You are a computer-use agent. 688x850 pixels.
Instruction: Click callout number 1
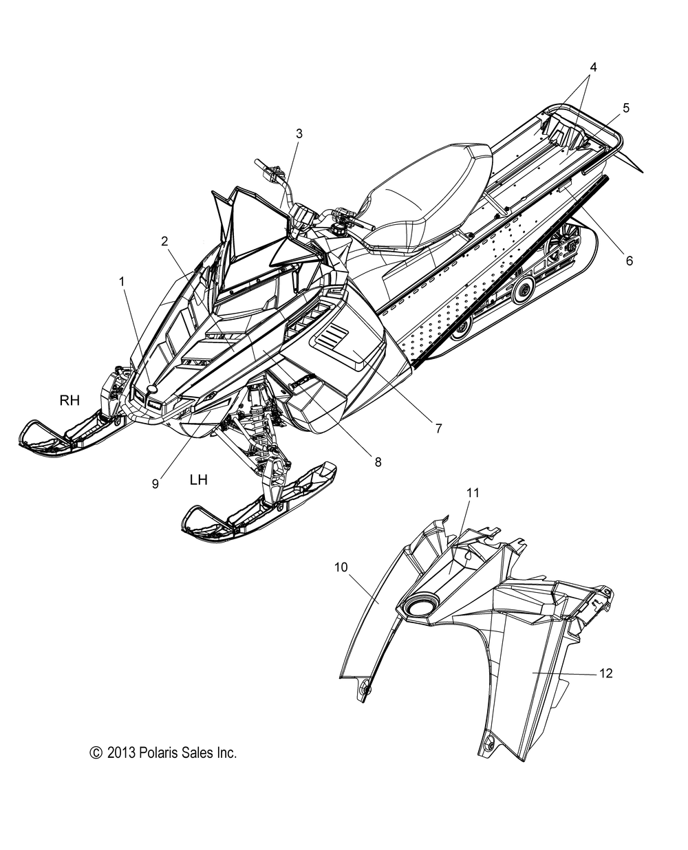coord(122,281)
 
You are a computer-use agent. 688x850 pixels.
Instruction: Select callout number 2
coord(164,241)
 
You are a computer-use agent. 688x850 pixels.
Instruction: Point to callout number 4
coord(592,67)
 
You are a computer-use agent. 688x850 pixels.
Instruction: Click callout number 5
coord(625,107)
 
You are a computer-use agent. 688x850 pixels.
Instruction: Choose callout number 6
coord(629,261)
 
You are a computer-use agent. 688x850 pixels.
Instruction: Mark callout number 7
coord(438,428)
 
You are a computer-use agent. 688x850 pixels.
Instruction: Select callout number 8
coord(378,462)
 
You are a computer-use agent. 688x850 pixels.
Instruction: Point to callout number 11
coord(473,492)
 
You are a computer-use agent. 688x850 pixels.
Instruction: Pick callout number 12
coord(605,673)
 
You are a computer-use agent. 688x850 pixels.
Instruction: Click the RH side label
coord(70,400)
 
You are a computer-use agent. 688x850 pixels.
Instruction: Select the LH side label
coord(199,480)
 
